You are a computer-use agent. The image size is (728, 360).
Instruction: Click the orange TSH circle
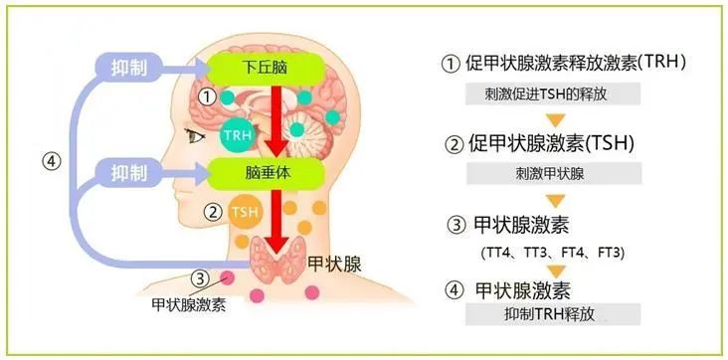(244, 212)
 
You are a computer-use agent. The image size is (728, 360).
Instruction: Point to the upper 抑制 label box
(130, 68)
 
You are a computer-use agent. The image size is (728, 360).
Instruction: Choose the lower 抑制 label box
(130, 172)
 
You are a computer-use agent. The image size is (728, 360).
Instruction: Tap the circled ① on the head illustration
(207, 96)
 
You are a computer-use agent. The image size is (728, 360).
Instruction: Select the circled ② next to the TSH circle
(211, 211)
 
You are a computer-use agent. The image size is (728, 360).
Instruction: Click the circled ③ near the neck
(201, 279)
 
